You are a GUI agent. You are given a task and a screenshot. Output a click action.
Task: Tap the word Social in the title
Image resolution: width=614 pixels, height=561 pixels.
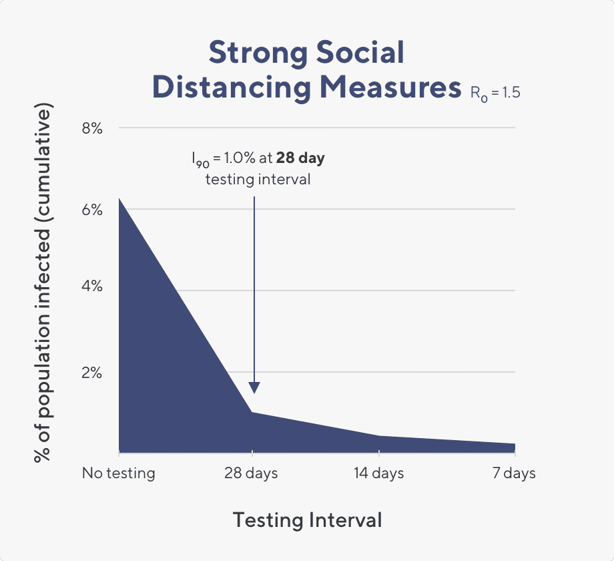point(364,53)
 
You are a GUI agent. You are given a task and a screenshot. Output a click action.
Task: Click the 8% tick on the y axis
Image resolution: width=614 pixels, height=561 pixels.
point(92,128)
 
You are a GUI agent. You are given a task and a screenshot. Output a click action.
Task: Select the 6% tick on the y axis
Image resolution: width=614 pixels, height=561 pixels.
point(92,210)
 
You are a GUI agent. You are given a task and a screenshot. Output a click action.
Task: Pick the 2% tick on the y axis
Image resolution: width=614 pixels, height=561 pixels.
point(92,373)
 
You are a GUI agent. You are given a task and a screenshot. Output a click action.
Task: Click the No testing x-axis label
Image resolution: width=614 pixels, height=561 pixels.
point(119,474)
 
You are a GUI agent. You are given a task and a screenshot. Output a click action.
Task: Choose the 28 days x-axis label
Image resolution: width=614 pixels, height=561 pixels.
point(252,474)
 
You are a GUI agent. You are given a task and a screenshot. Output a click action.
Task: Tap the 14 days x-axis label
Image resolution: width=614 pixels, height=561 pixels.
point(378,474)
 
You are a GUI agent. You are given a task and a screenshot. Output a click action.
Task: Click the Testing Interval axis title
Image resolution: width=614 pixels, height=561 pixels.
point(308,520)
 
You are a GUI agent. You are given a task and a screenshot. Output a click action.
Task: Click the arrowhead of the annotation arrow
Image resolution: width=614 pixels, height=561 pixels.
point(254,389)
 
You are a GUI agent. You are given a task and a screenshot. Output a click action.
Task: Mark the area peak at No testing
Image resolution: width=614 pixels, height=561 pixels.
point(120,200)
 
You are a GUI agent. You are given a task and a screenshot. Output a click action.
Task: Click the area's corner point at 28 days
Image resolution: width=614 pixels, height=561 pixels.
point(252,412)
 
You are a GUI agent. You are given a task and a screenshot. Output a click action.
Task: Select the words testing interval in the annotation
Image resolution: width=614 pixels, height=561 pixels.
point(258,179)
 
